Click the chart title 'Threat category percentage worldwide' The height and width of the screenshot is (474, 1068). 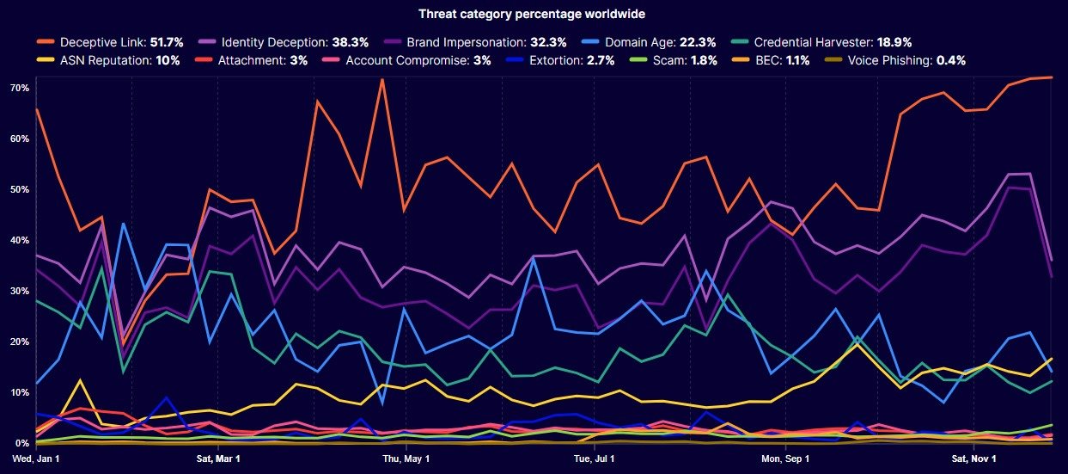point(534,14)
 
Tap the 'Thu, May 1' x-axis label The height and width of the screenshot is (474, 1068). point(406,459)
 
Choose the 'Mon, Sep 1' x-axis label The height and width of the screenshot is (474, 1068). point(785,459)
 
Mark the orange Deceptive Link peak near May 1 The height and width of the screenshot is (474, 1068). point(381,80)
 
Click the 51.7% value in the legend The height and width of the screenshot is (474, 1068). point(166,40)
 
